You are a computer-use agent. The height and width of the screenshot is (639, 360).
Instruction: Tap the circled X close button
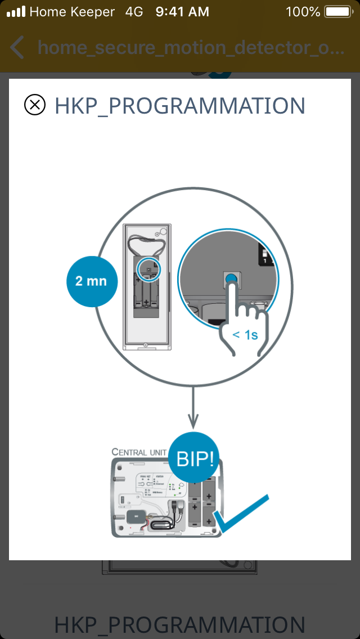coord(35,105)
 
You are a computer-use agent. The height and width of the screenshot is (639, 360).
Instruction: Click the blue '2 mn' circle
coord(92,281)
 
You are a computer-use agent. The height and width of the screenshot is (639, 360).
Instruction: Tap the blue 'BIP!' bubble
coord(195,458)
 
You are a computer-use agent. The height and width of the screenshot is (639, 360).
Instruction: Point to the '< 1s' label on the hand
coord(245,335)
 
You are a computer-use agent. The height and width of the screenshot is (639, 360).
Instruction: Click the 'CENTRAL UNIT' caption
coord(138,452)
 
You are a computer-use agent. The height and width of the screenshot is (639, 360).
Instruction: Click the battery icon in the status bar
coord(337,11)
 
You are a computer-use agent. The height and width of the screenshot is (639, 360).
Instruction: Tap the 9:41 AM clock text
coord(182,11)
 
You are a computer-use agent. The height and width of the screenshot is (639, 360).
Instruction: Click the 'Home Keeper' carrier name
coord(72,11)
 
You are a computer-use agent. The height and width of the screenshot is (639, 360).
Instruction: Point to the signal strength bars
coord(16,11)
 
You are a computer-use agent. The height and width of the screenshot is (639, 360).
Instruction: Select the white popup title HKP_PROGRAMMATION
coord(179,106)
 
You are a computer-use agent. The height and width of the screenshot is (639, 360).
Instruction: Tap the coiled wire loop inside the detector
coord(146,243)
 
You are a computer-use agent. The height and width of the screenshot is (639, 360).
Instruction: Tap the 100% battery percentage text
coord(303,11)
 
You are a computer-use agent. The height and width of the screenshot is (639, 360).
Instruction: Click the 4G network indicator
coord(134,11)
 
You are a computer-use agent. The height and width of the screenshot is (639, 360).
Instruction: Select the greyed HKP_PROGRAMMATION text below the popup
coord(179,625)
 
